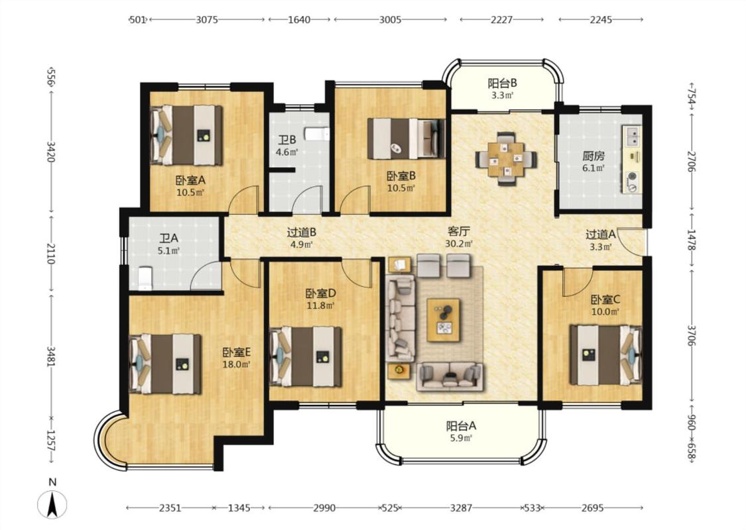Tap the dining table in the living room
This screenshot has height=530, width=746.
pyautogui.click(x=506, y=159)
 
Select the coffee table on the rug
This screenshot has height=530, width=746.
pyautogui.click(x=444, y=320)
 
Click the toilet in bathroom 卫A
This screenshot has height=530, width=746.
pyautogui.click(x=144, y=278)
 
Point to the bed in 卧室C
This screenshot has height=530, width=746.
pyautogui.click(x=606, y=354)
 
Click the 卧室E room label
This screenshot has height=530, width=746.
pyautogui.click(x=237, y=352)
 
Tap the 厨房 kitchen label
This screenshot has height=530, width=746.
pyautogui.click(x=593, y=156)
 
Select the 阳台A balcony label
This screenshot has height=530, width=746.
pyautogui.click(x=461, y=427)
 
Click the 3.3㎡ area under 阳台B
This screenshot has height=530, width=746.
pyautogui.click(x=503, y=95)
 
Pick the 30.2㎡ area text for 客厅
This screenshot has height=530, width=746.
pyautogui.click(x=459, y=244)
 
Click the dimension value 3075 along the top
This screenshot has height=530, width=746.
pyautogui.click(x=207, y=19)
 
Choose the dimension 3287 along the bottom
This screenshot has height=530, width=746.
pyautogui.click(x=461, y=507)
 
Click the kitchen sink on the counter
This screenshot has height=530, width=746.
pyautogui.click(x=633, y=136)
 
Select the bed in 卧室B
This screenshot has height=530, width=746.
pyautogui.click(x=406, y=138)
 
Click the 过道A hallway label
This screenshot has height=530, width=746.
pyautogui.click(x=600, y=235)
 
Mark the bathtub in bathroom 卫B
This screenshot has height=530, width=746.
pyautogui.click(x=316, y=134)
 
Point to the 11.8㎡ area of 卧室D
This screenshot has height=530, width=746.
pyautogui.click(x=320, y=305)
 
